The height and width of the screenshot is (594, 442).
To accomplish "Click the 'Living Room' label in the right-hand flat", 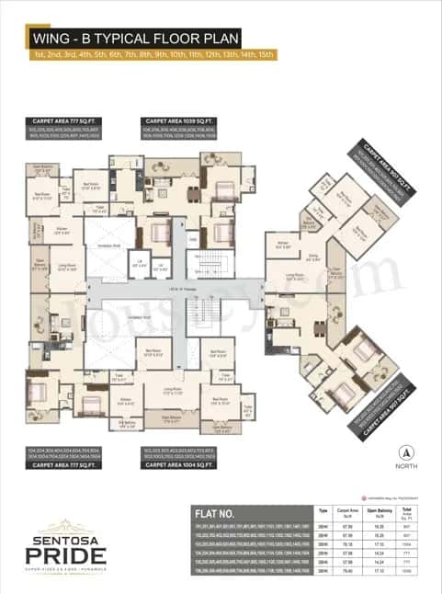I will (x=295, y=275).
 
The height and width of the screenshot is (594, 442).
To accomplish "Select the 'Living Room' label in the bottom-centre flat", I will (x=173, y=390).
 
